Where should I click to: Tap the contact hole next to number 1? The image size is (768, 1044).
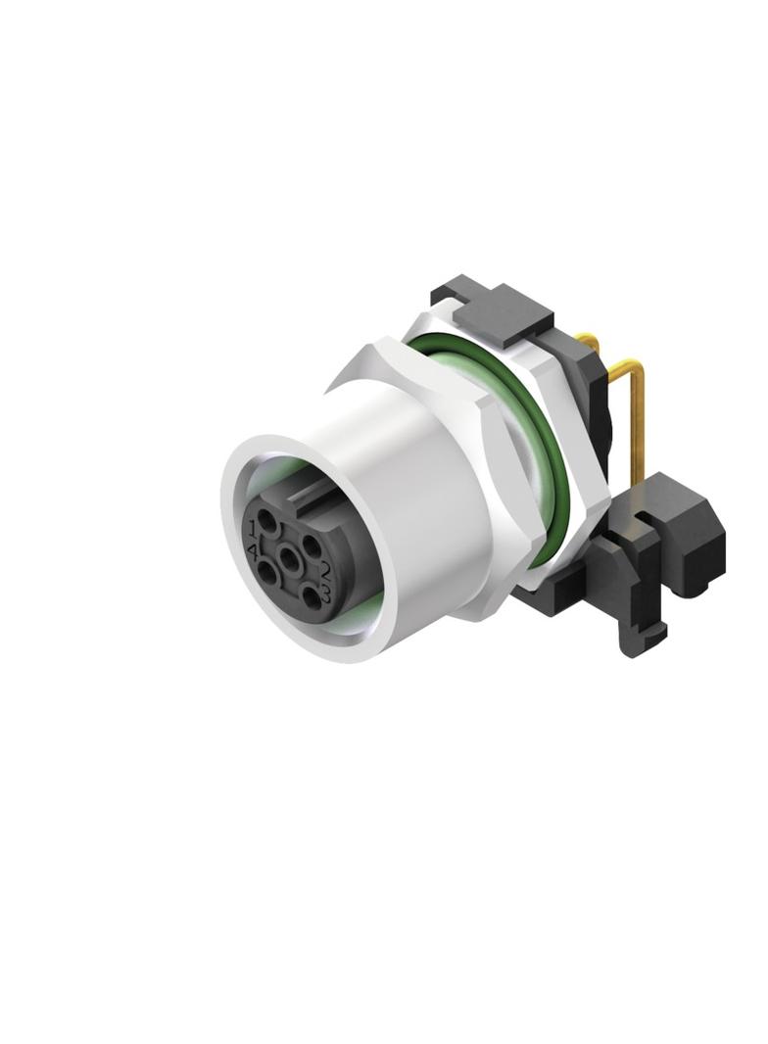[x=265, y=520]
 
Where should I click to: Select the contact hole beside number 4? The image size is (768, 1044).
[x=267, y=571]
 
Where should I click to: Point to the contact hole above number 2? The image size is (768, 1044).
[x=311, y=546]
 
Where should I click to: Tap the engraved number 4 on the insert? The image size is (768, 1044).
[x=253, y=550]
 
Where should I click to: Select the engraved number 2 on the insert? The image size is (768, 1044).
[x=326, y=568]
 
